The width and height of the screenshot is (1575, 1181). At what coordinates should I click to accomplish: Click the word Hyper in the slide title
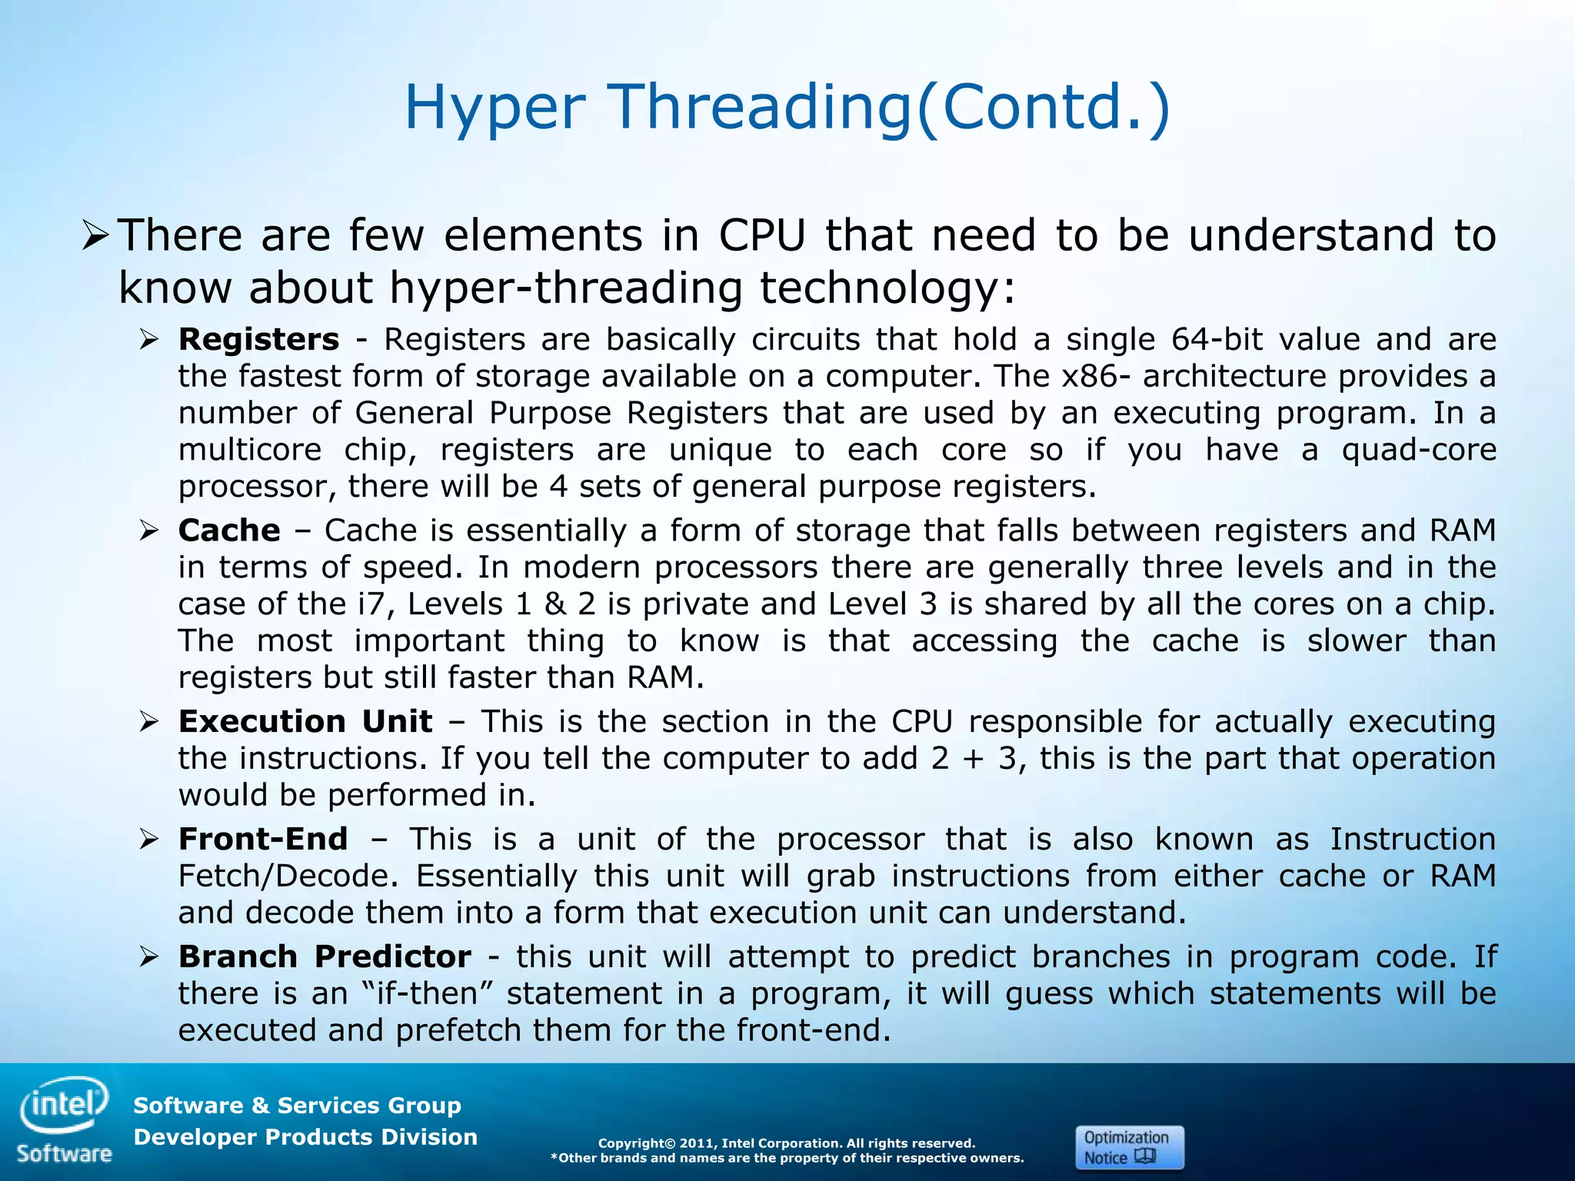[x=494, y=108]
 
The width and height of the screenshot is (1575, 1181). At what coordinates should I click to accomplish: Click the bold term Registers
[x=258, y=339]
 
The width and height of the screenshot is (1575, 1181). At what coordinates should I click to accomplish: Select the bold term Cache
[x=229, y=531]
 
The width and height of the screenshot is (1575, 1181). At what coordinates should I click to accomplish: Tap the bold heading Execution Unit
[x=305, y=721]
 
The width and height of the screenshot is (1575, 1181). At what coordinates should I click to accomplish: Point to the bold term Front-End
[x=263, y=839]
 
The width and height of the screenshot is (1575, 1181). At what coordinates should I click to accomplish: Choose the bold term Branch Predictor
[x=325, y=956]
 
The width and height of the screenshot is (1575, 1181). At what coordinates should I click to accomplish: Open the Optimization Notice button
[x=1129, y=1147]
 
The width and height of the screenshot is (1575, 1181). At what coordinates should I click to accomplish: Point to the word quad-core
[x=1418, y=450]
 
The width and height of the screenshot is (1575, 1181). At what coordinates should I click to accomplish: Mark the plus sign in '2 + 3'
[x=973, y=759]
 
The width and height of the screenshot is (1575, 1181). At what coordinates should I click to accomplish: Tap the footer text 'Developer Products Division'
[x=305, y=1136]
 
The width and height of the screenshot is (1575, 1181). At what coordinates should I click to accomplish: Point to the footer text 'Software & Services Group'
[x=297, y=1105]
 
